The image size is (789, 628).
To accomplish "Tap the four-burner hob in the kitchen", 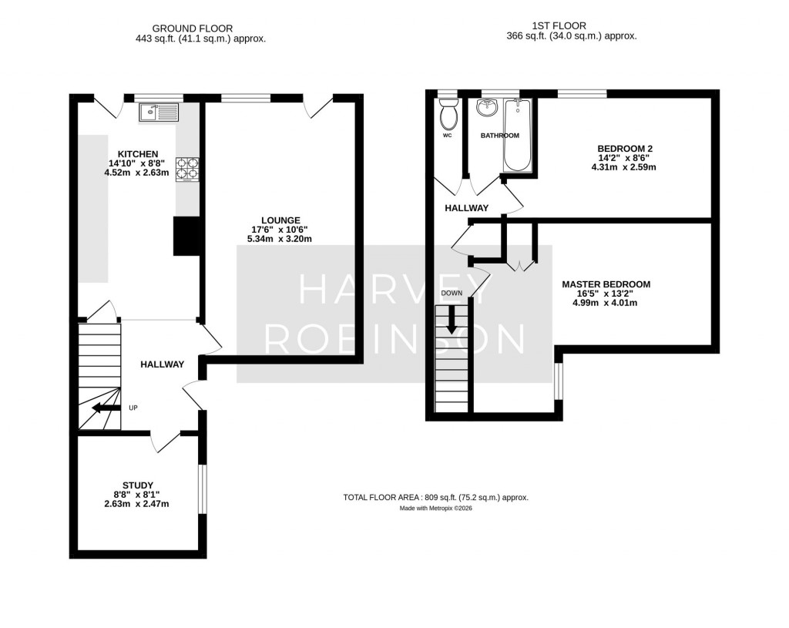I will tap(186, 169).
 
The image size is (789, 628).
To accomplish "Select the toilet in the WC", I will tap(447, 116).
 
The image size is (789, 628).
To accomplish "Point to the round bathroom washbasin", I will tap(487, 109).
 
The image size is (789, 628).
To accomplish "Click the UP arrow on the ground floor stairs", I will tap(105, 408).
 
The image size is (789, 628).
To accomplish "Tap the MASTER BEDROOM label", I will tap(606, 284).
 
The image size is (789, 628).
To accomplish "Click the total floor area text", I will tap(435, 498).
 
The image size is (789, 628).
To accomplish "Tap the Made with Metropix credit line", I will tap(435, 509).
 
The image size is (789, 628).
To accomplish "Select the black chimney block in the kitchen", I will tap(186, 236).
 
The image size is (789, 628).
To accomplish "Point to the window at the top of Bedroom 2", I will tap(582, 94).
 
